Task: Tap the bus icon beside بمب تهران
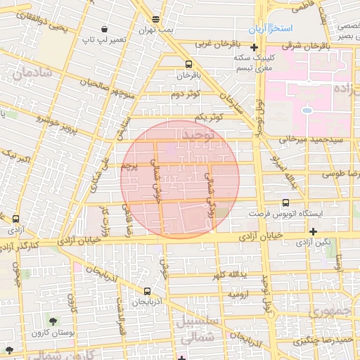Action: (x=155, y=19)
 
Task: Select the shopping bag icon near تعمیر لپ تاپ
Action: (x=105, y=30)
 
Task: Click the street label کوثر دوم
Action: (x=186, y=93)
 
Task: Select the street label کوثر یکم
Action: (x=209, y=117)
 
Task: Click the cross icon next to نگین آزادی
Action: (x=313, y=231)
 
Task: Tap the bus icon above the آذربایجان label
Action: (x=147, y=291)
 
